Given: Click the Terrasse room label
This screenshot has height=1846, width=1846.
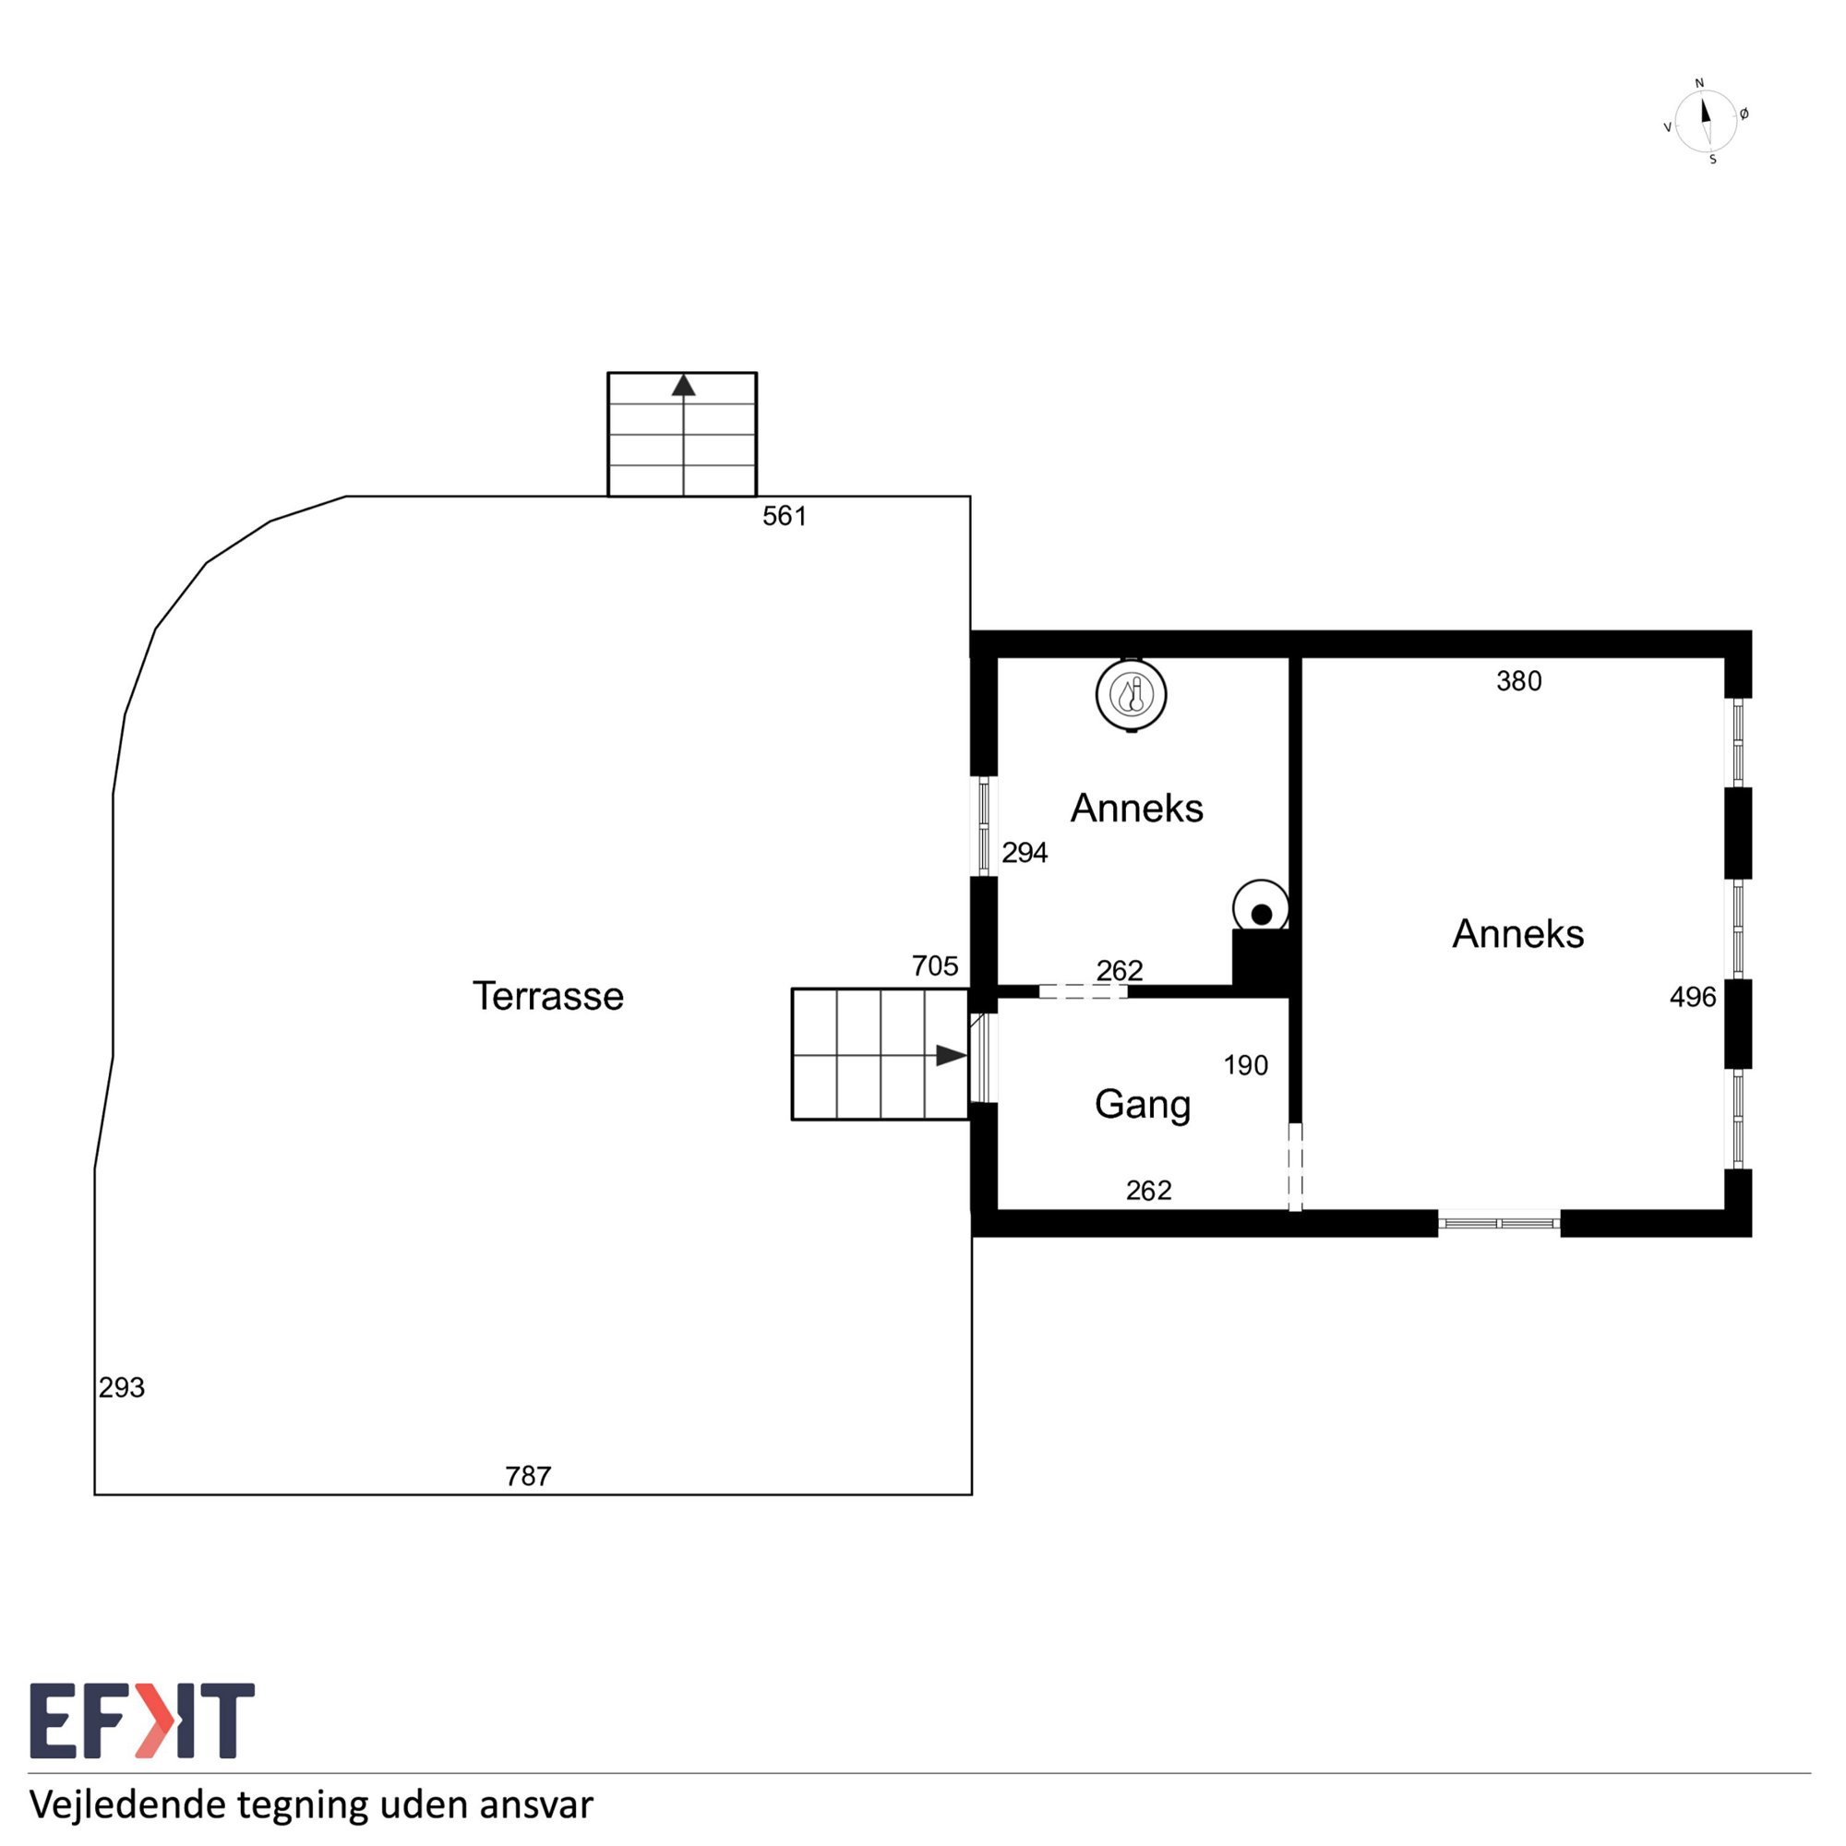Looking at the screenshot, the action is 547,996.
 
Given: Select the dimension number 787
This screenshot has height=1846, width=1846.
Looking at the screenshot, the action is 528,1476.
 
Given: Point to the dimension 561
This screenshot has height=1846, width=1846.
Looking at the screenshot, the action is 785,516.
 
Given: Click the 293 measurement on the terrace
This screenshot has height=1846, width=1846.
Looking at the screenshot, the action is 121,1387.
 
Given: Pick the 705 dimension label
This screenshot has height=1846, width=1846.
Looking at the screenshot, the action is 934,966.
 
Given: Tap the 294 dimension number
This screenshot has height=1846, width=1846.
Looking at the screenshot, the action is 1025,852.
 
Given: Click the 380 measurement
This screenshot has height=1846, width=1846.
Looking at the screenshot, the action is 1518,681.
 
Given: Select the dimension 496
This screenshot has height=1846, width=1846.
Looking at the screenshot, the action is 1693,998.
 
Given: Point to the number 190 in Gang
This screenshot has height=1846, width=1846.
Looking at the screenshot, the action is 1246,1065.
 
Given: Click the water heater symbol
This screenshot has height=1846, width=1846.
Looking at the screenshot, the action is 1132,695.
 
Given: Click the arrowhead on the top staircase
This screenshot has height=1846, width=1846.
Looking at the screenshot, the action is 683,385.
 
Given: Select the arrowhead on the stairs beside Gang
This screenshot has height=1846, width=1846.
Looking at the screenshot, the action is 951,1056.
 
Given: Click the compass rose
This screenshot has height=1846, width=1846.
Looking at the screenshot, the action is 1707,121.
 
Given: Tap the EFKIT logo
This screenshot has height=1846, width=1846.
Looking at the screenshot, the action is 142,1720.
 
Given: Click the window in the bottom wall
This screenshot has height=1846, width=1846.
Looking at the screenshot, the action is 1499,1223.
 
